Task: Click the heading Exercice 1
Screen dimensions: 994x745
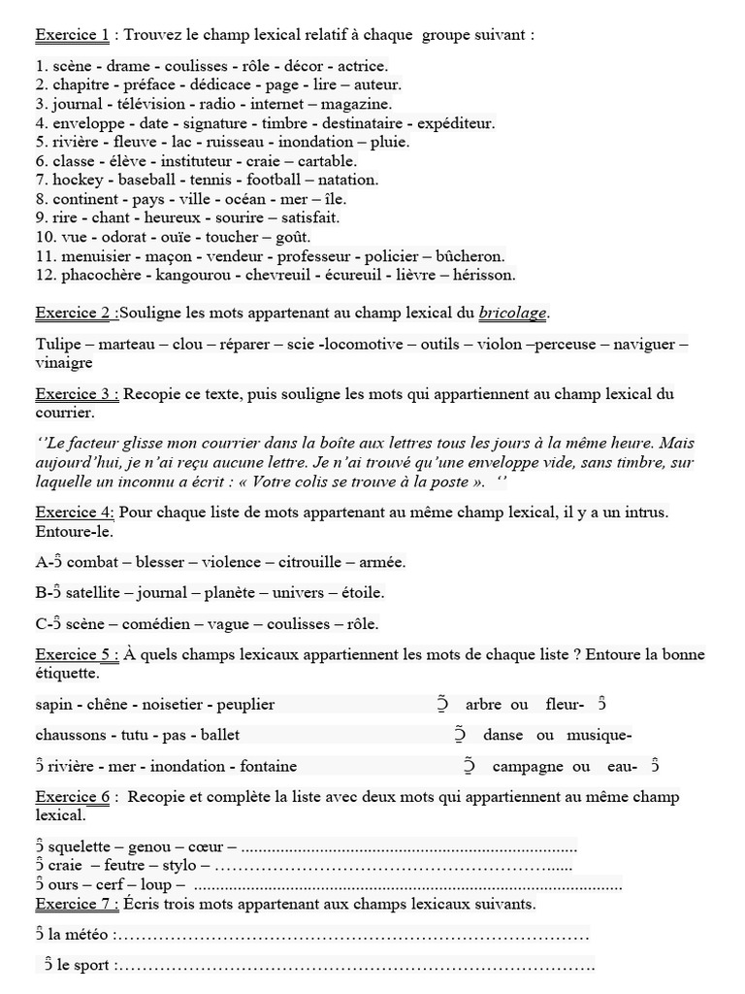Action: (72, 35)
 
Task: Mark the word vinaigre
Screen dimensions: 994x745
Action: (64, 362)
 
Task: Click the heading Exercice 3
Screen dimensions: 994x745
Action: (77, 393)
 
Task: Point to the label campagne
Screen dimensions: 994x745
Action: (528, 766)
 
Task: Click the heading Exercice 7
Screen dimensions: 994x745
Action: (77, 904)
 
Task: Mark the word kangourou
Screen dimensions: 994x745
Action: (192, 276)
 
